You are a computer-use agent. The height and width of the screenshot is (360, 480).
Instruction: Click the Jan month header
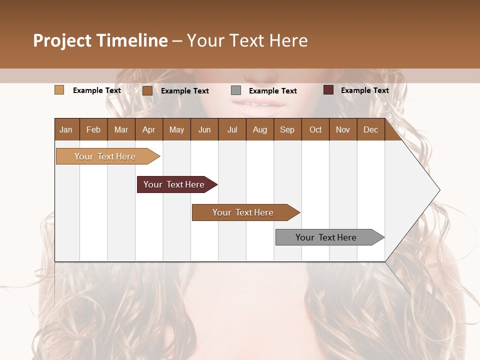coord(66,129)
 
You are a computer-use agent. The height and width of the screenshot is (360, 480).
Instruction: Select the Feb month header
coord(93,129)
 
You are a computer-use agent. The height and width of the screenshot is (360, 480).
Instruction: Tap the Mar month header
coord(121,129)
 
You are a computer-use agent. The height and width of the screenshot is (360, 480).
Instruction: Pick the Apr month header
coord(148,129)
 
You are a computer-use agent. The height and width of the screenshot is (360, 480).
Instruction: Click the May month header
coord(176,129)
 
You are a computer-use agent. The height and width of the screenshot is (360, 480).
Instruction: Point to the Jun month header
coord(204,129)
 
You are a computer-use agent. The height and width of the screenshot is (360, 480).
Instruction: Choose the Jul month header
coord(232,129)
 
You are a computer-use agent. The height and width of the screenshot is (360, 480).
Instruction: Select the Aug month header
coord(259,129)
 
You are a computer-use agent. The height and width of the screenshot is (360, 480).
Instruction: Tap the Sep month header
coord(287,129)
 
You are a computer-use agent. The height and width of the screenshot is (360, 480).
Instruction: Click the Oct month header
coord(315,129)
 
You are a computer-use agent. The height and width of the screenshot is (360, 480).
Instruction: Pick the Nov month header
coord(343,129)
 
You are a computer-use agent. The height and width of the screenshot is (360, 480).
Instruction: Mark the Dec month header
coord(370,129)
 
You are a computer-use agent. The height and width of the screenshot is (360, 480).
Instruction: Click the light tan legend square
coord(59,90)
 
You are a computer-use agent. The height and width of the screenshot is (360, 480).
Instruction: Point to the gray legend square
coord(236,90)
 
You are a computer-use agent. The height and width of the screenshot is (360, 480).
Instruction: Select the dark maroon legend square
coord(328,90)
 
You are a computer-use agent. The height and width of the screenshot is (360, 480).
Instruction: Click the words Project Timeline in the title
coord(100,40)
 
